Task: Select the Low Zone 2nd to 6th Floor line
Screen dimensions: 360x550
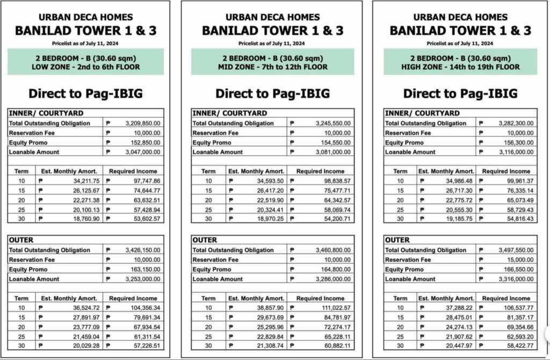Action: click(86, 67)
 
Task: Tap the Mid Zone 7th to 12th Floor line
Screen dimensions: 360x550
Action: click(273, 67)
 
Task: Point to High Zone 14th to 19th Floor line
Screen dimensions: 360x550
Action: click(460, 67)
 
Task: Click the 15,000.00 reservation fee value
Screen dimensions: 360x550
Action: click(521, 260)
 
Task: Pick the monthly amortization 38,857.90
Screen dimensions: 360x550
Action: click(268, 308)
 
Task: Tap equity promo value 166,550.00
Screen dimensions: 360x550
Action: click(519, 269)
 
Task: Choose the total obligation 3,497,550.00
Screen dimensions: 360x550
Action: click(517, 250)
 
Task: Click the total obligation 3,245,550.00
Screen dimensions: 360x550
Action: click(331, 123)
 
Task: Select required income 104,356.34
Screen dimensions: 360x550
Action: click(143, 308)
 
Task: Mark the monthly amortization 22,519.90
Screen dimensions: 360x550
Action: click(268, 200)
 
